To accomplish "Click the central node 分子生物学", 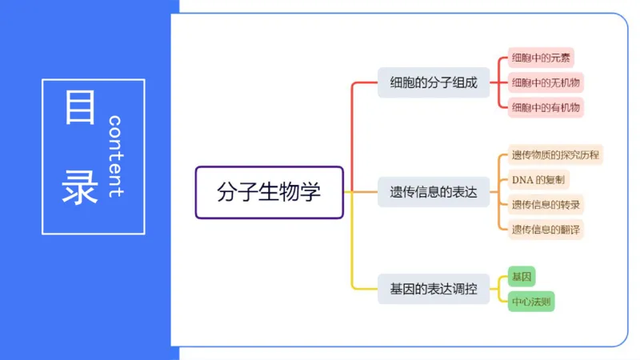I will tap(269, 192).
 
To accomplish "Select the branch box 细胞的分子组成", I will tap(433, 82).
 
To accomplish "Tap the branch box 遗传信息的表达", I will tap(433, 192).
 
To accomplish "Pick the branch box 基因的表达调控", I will tap(433, 289).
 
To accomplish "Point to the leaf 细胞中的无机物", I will tap(546, 82).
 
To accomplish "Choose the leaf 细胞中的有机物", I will tap(546, 107).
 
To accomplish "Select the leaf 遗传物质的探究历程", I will tap(555, 154).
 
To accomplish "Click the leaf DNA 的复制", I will tap(539, 179).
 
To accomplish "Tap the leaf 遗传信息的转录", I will tap(546, 204).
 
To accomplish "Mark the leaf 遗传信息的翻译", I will tap(546, 229).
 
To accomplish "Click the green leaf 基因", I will tap(521, 277).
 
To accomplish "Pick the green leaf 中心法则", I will tap(531, 302).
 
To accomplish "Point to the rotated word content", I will tap(115, 156).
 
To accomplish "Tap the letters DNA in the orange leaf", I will tap(522, 179).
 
